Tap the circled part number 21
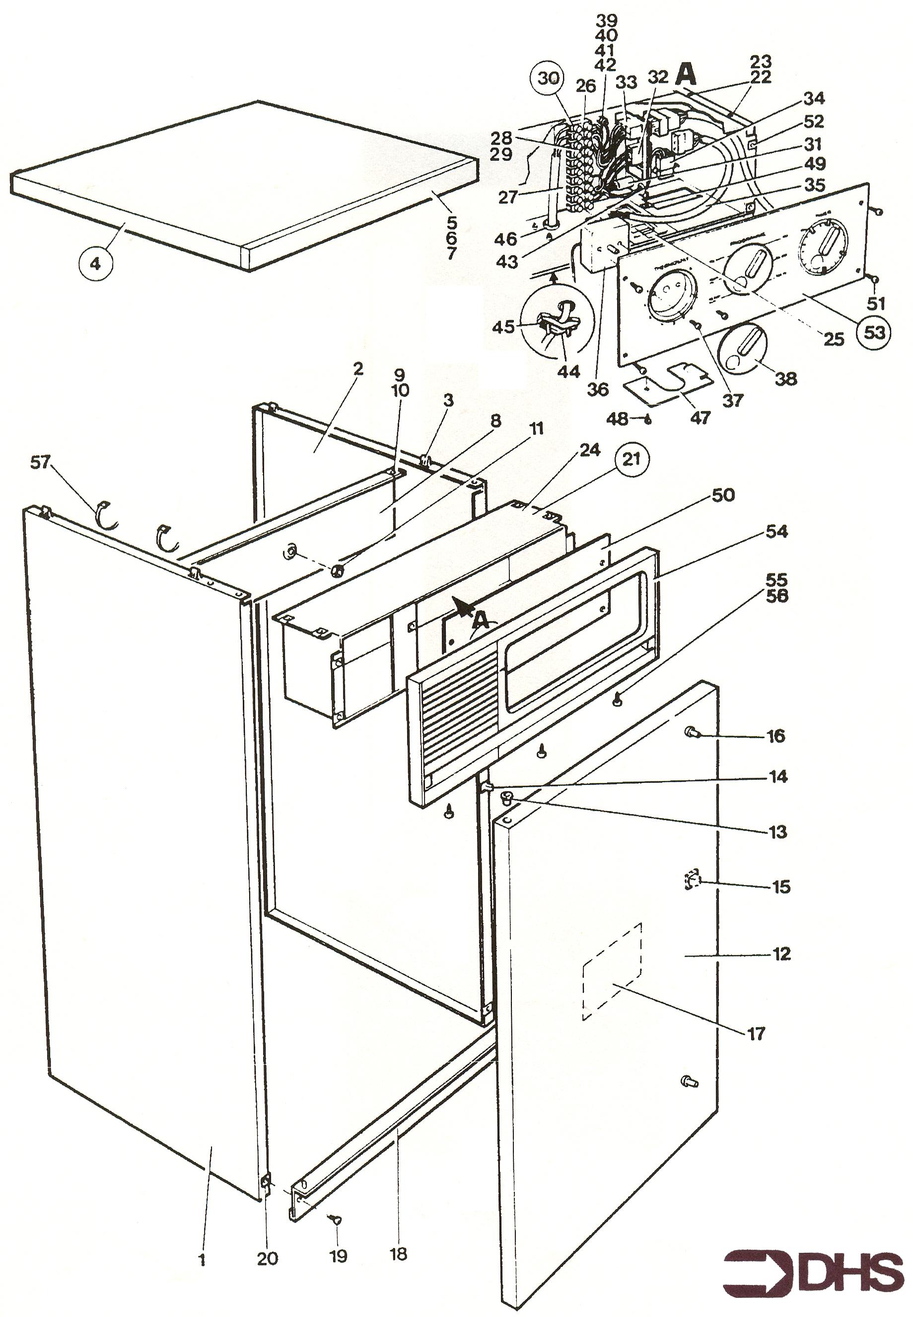pos(631,459)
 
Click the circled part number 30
pos(548,79)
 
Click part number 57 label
pos(41,462)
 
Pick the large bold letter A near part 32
pos(685,74)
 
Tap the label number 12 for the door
pos(781,953)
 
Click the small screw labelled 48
pos(647,418)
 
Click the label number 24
pos(589,451)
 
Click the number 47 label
pos(700,417)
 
